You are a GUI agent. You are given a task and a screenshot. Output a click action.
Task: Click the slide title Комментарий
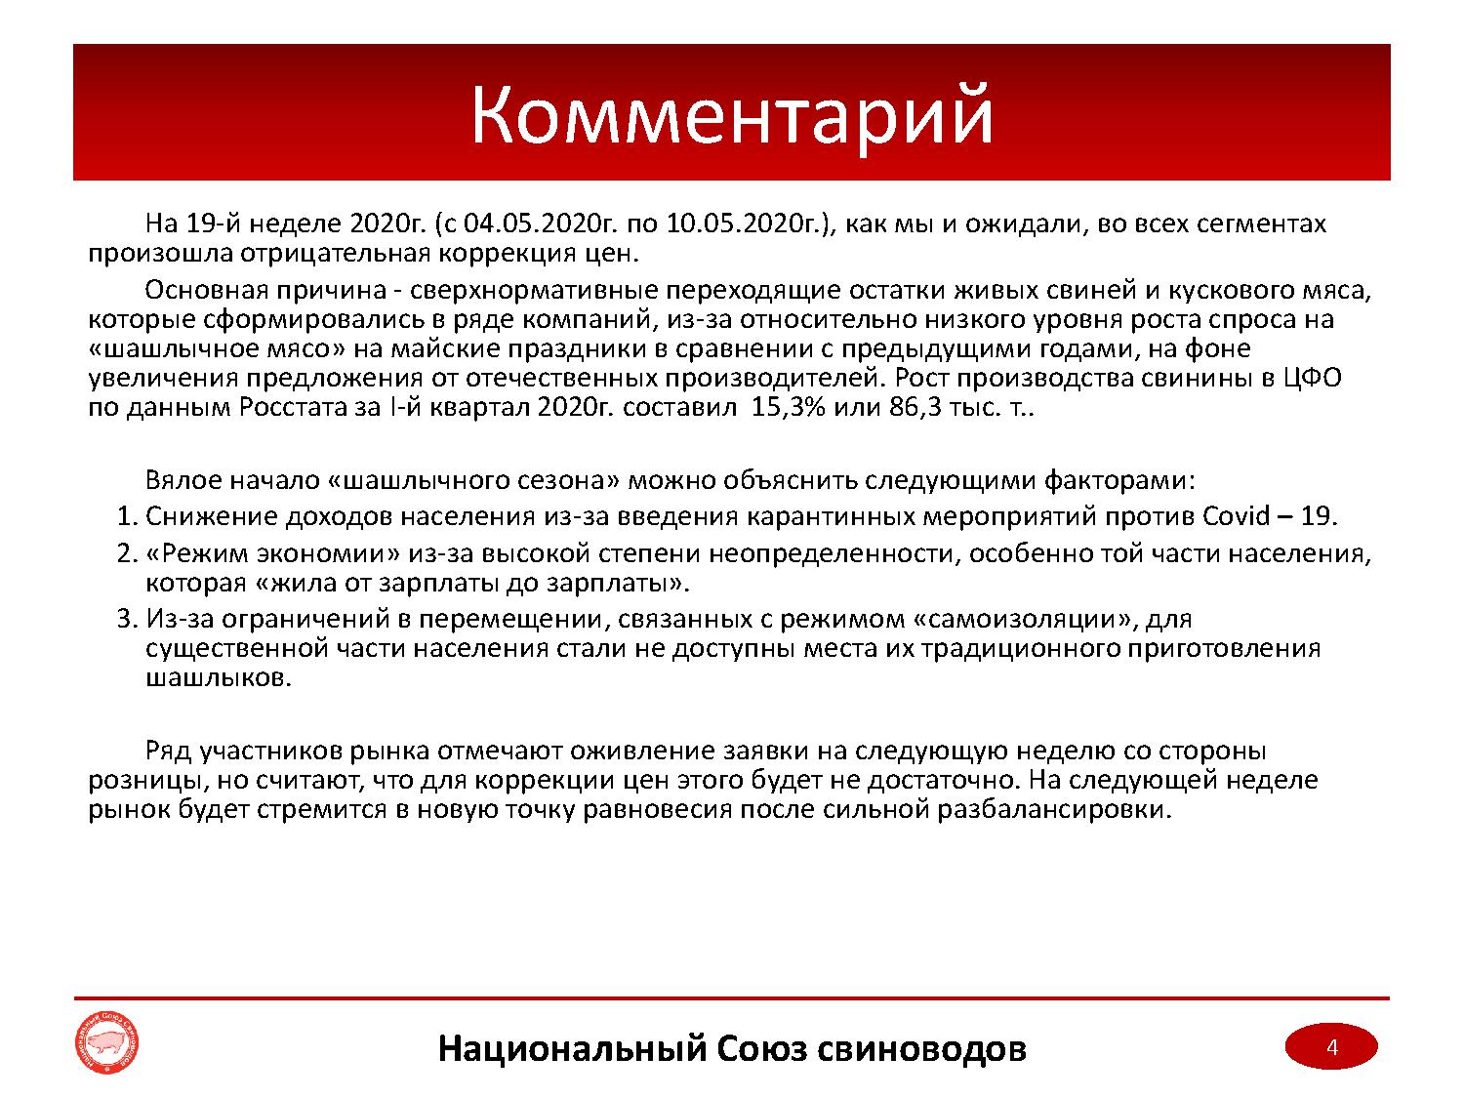click(x=732, y=114)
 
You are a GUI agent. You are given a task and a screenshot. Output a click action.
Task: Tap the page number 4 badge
click(x=1330, y=1047)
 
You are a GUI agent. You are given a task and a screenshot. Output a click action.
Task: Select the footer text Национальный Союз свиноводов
click(x=732, y=1048)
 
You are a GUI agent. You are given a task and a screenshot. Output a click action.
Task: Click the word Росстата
click(x=287, y=407)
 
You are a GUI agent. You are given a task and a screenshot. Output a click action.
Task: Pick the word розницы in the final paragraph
click(x=131, y=781)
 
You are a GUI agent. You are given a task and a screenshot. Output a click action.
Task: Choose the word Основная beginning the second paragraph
click(x=205, y=290)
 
